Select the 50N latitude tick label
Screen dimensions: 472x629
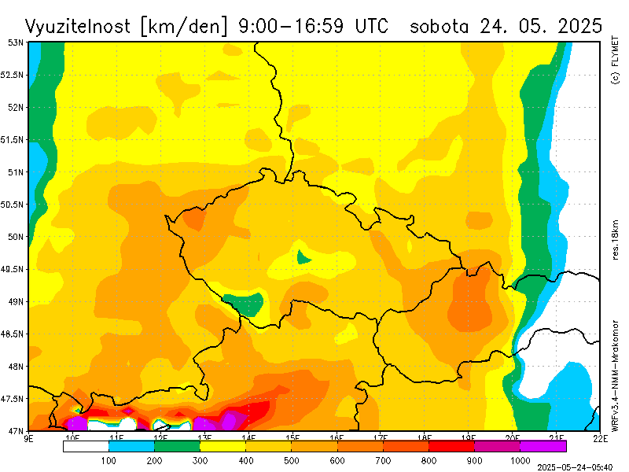coord(16,236)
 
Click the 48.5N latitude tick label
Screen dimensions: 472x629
coord(13,334)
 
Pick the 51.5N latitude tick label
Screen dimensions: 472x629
coord(13,139)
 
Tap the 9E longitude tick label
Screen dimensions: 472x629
coord(29,437)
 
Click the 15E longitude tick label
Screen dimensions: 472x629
coord(292,437)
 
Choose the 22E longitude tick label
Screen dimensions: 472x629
coord(599,437)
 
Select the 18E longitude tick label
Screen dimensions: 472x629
coord(424,437)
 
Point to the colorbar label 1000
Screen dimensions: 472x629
coord(520,459)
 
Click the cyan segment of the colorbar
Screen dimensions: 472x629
coord(131,446)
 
